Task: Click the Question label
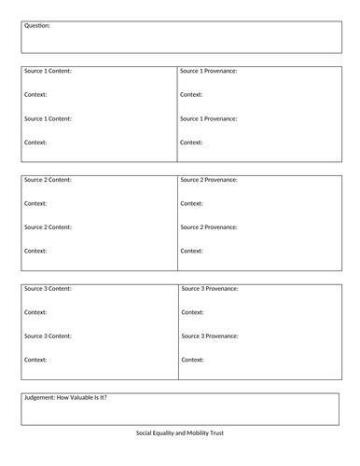(x=37, y=26)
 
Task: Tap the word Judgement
(x=43, y=398)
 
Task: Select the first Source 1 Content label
(x=48, y=71)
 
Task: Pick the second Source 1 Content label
(x=48, y=118)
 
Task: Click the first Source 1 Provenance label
(x=209, y=71)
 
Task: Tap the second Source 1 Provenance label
(x=209, y=118)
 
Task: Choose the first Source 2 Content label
(x=48, y=179)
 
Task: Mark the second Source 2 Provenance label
(x=209, y=226)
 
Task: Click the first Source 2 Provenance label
(x=209, y=179)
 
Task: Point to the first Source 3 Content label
(x=48, y=288)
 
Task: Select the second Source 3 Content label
(x=48, y=336)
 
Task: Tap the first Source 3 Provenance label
(x=209, y=288)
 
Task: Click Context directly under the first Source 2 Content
(x=35, y=203)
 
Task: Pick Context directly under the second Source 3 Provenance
(x=191, y=360)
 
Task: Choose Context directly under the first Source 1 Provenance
(x=191, y=94)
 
